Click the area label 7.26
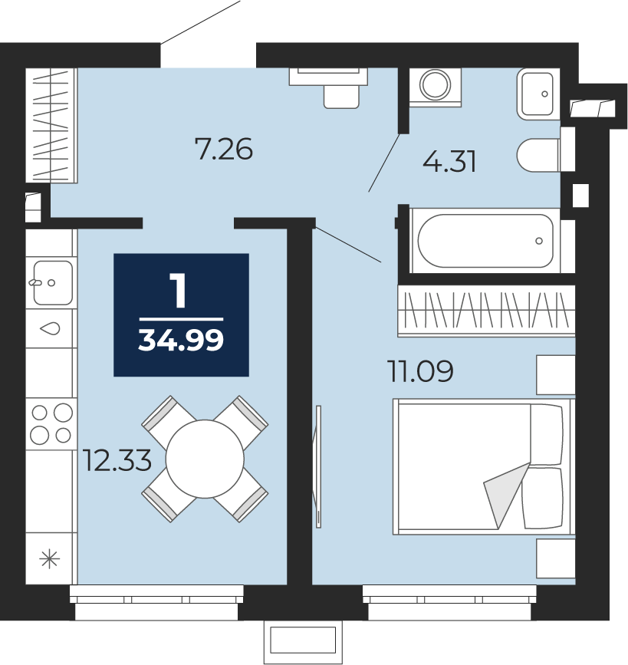[x=223, y=149]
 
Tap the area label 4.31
[x=449, y=161]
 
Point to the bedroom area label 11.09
[x=420, y=370]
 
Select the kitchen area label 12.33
[x=117, y=460]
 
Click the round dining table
[x=205, y=459]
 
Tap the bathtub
[x=485, y=241]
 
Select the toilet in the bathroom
[x=538, y=155]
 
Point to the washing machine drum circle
[x=435, y=84]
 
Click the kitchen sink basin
[x=53, y=282]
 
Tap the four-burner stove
[x=51, y=423]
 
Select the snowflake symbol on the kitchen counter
[x=50, y=559]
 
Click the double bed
[x=484, y=466]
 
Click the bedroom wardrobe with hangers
[x=486, y=311]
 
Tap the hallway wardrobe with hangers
[x=51, y=126]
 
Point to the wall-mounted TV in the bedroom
[x=317, y=466]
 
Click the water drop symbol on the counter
[x=50, y=328]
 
